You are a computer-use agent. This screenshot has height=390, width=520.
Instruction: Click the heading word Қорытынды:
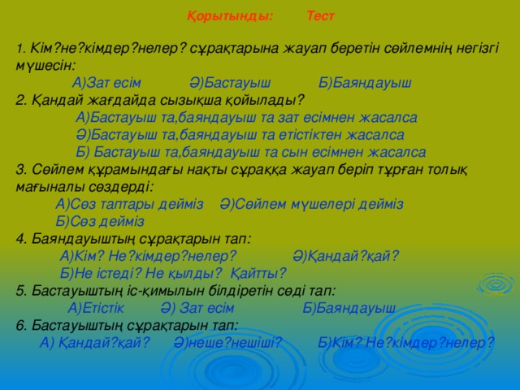(x=230, y=15)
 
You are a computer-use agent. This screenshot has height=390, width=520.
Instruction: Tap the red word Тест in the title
(x=320, y=15)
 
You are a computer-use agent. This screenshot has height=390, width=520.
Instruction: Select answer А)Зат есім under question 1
(x=106, y=82)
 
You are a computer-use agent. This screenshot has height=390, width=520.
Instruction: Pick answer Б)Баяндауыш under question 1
(x=365, y=82)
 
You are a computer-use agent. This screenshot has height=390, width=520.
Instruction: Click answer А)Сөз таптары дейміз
(x=129, y=203)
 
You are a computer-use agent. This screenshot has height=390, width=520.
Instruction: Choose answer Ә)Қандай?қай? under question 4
(x=345, y=255)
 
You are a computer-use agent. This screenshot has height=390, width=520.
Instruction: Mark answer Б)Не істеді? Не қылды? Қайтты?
(x=173, y=272)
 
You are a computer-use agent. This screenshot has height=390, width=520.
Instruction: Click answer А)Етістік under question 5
(x=97, y=307)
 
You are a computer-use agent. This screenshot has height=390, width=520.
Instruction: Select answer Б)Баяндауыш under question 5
(x=349, y=307)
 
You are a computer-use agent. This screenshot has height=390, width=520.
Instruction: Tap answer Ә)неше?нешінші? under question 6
(x=227, y=342)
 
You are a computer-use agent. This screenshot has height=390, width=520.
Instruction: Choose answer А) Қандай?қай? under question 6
(x=94, y=342)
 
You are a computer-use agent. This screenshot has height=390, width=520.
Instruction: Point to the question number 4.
(x=20, y=238)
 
